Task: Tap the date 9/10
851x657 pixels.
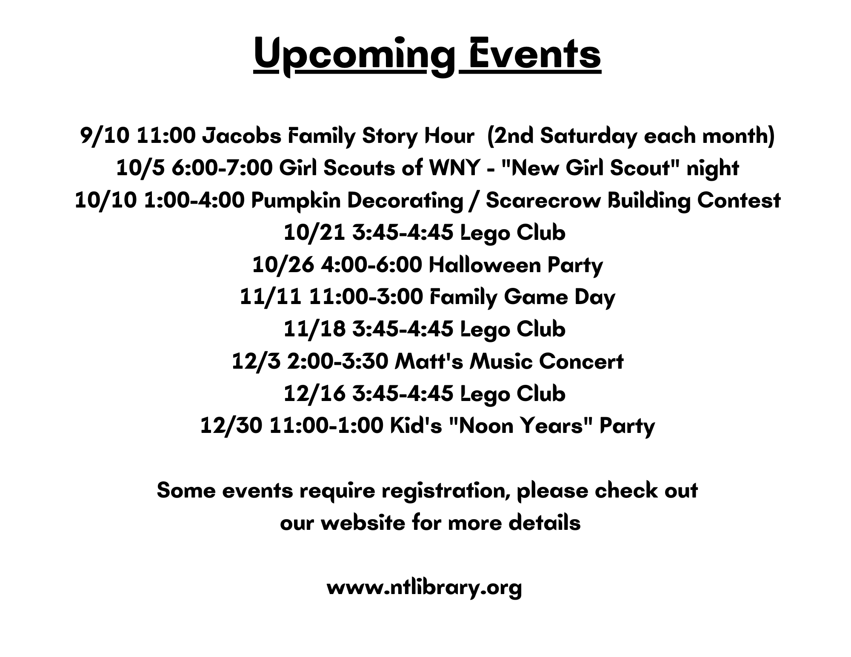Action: point(105,136)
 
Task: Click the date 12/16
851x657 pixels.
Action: point(314,394)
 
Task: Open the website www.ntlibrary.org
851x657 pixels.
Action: point(424,588)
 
